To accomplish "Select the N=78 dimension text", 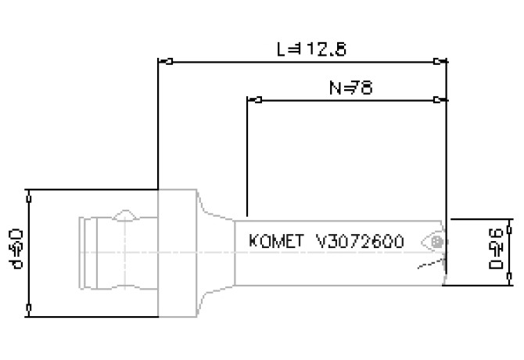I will pos(348,88).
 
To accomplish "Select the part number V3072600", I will pos(360,242).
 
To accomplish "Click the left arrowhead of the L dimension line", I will pos(164,61).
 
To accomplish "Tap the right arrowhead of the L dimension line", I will pos(440,61).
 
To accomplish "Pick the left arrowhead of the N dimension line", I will pos(253,100).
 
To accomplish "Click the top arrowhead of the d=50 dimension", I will pos(29,195).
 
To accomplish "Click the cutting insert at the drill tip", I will pos(434,243).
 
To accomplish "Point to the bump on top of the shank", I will pos(124,214).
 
